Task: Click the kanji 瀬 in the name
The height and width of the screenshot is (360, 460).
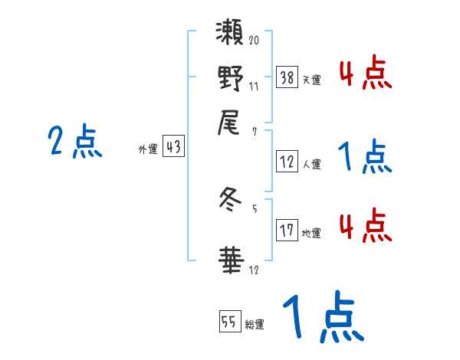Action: [230, 36]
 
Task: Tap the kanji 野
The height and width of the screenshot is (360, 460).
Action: [230, 78]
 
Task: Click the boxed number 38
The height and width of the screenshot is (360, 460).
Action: [287, 77]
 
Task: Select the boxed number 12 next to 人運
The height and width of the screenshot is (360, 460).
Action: [287, 162]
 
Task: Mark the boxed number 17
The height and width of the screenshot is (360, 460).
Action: [287, 231]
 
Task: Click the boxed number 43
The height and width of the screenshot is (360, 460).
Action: [174, 148]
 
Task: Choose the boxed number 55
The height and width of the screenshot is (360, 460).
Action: [228, 322]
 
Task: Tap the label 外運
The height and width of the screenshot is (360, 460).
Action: [148, 150]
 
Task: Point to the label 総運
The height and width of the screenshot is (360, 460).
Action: [255, 325]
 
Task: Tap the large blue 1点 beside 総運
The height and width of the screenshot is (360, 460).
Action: [321, 317]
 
